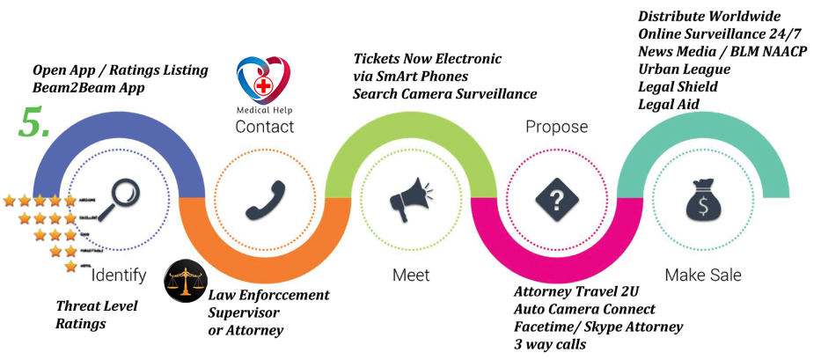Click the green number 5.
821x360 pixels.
click(34, 125)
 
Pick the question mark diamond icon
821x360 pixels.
click(556, 200)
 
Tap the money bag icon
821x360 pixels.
click(701, 201)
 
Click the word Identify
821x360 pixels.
click(119, 276)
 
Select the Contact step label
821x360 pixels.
click(264, 127)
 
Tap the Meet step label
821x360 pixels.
click(411, 276)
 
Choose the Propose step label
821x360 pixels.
click(556, 127)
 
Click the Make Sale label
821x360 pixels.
click(703, 276)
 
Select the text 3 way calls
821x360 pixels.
click(550, 344)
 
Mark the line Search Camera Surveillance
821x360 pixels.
click(444, 93)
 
